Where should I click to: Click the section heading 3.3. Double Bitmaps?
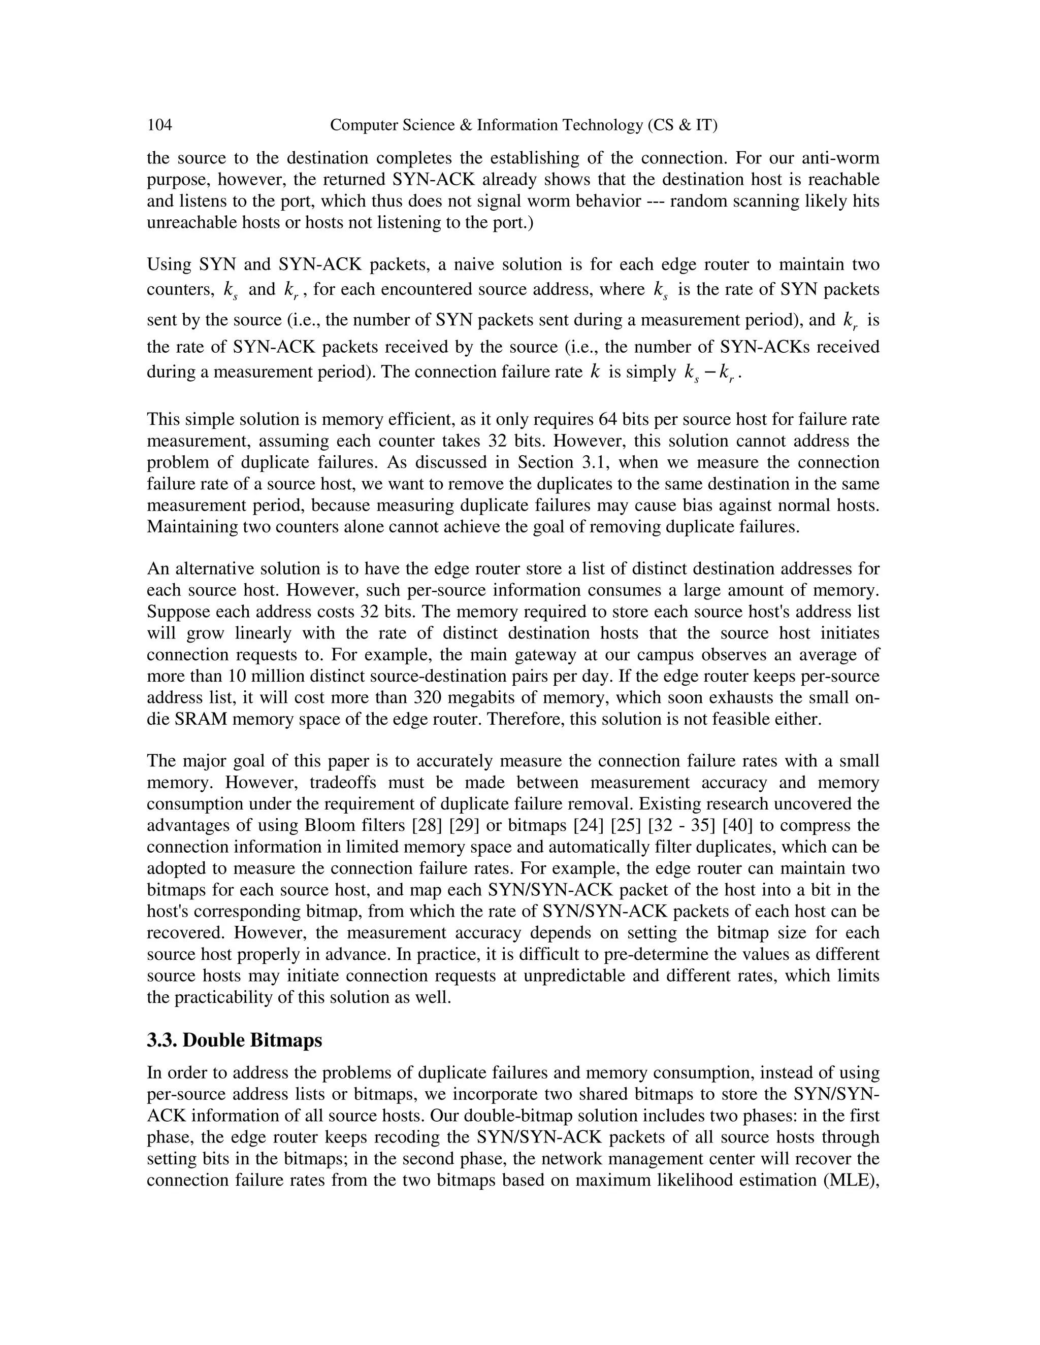pyautogui.click(x=234, y=1040)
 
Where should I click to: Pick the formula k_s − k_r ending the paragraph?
pyautogui.click(x=710, y=373)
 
